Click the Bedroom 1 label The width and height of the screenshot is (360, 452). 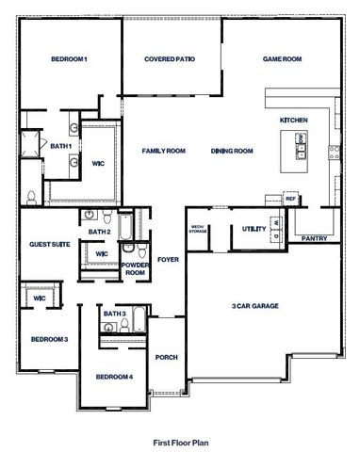pyautogui.click(x=70, y=60)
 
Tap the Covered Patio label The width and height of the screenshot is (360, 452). pyautogui.click(x=170, y=60)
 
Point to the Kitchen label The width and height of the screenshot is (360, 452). pyautogui.click(x=294, y=121)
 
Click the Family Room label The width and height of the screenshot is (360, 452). pyautogui.click(x=163, y=151)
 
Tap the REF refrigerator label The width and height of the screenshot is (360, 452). pyautogui.click(x=291, y=200)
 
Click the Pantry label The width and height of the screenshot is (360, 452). pyautogui.click(x=314, y=238)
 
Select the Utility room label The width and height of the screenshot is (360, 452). pyautogui.click(x=254, y=229)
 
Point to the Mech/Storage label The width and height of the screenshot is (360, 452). pyautogui.click(x=198, y=228)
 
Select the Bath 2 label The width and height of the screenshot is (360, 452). pyautogui.click(x=100, y=232)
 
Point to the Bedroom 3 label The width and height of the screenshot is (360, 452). pyautogui.click(x=49, y=339)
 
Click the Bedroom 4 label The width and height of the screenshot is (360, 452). pyautogui.click(x=114, y=378)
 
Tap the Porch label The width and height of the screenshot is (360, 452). pyautogui.click(x=167, y=358)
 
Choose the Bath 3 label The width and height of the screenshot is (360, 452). pyautogui.click(x=115, y=314)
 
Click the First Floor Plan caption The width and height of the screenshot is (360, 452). pyautogui.click(x=180, y=440)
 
